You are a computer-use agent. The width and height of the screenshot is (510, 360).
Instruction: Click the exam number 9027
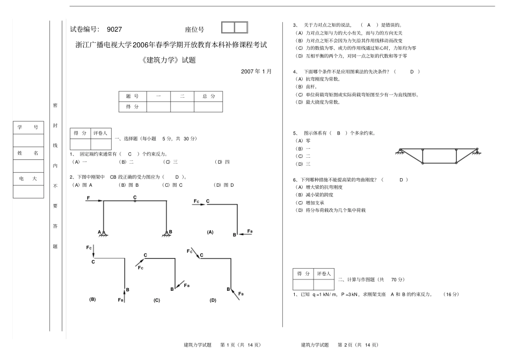click(x=115, y=30)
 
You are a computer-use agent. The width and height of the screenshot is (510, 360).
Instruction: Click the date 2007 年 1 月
click(x=256, y=71)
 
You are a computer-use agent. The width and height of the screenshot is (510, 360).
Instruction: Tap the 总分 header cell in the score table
click(x=208, y=96)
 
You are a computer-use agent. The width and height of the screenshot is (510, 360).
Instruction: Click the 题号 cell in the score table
click(x=132, y=96)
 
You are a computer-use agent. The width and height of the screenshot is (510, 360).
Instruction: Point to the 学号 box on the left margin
click(x=28, y=127)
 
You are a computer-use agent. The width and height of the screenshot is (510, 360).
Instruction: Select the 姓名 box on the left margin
click(x=28, y=153)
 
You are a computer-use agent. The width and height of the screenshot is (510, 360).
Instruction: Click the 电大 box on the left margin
click(x=28, y=179)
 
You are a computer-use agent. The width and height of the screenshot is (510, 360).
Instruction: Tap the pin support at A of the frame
click(x=104, y=233)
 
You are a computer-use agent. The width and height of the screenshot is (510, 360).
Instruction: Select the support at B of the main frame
click(x=166, y=233)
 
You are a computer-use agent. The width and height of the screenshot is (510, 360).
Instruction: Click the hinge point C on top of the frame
click(x=135, y=201)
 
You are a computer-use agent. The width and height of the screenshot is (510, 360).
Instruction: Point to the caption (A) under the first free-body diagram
click(x=210, y=232)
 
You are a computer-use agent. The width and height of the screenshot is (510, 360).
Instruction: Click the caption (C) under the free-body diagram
click(x=157, y=300)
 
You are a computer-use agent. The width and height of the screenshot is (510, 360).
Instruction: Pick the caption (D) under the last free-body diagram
click(x=213, y=300)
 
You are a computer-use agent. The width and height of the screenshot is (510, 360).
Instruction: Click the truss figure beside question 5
click(x=437, y=155)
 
